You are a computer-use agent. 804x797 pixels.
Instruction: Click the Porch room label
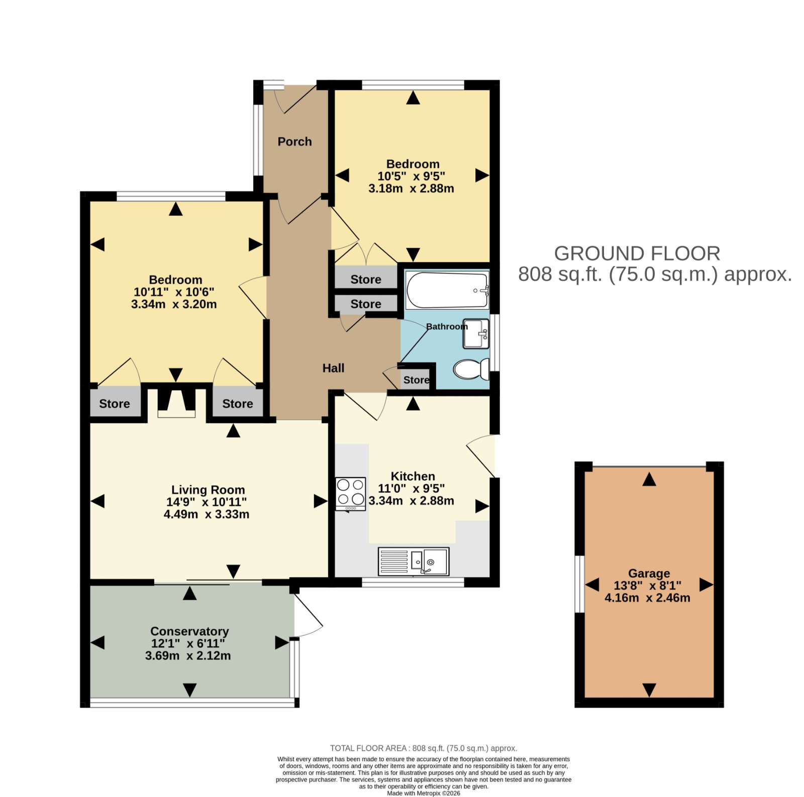[294, 142]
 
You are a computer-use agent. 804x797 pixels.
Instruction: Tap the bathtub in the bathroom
[447, 290]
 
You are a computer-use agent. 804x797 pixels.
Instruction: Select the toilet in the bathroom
[471, 369]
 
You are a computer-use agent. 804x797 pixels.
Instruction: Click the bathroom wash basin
[476, 333]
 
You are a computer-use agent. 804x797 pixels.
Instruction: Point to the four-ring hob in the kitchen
[351, 494]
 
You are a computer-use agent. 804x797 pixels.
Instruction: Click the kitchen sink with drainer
[414, 561]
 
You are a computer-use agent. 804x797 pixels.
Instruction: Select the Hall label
[333, 368]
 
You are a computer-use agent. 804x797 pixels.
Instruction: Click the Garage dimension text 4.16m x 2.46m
[647, 598]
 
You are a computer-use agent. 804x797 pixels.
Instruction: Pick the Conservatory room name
[189, 631]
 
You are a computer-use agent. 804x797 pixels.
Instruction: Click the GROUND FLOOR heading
[637, 253]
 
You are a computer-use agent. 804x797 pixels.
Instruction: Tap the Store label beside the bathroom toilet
[416, 380]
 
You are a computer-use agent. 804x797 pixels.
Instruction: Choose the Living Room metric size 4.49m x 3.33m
[207, 514]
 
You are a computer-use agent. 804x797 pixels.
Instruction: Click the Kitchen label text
[413, 476]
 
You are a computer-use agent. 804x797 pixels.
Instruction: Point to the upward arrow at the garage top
[649, 479]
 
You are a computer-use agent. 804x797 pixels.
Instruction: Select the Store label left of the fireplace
[115, 404]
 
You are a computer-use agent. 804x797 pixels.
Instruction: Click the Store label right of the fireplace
[238, 404]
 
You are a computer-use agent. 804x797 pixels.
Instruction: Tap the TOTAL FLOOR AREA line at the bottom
[424, 748]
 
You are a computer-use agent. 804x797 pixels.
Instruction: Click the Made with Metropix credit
[424, 793]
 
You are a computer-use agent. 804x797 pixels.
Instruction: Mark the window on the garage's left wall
[579, 584]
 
